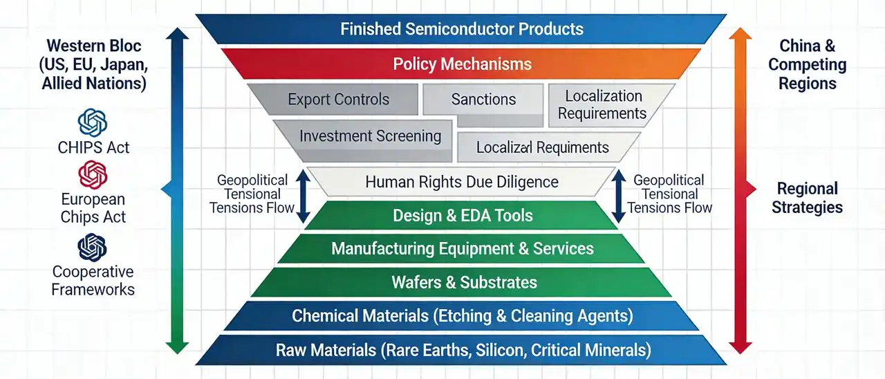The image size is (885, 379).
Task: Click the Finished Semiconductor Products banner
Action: (461, 29)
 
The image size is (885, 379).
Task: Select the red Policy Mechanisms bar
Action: (461, 64)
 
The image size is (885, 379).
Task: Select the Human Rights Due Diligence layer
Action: (461, 182)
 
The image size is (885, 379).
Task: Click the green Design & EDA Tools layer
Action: (462, 215)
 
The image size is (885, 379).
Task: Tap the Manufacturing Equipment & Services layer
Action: (462, 248)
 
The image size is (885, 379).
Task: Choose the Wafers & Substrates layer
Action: (462, 282)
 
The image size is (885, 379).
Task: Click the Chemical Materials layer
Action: (462, 316)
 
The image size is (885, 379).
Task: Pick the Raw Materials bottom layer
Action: (462, 350)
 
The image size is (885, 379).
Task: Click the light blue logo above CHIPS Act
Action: (93, 122)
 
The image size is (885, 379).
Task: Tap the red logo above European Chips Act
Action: (93, 175)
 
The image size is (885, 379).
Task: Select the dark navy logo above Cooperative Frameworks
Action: (93, 248)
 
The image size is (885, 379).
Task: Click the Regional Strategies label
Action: (807, 198)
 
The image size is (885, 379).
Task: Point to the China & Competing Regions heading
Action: (807, 64)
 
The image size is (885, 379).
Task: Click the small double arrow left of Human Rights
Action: (303, 196)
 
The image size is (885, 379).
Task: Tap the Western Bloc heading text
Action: (93, 64)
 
